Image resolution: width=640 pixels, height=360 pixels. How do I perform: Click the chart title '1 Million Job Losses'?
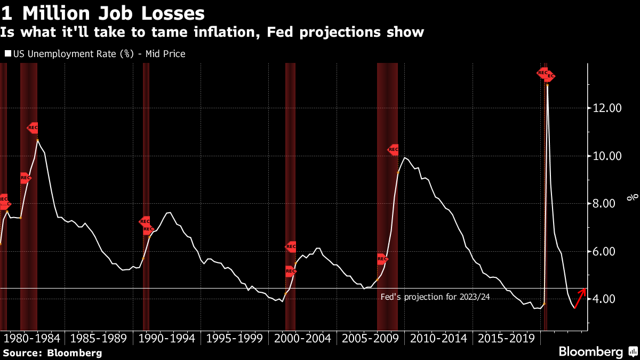point(103,13)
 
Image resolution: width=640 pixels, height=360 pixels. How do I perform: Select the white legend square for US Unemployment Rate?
point(7,54)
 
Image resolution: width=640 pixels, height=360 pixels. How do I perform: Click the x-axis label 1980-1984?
point(32,338)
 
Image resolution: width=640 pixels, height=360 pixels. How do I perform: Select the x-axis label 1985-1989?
point(99,338)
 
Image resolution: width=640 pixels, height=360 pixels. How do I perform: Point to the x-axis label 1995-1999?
point(235,338)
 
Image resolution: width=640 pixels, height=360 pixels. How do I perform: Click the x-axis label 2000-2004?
point(302,338)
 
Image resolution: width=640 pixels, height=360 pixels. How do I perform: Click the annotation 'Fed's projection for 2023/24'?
point(435,297)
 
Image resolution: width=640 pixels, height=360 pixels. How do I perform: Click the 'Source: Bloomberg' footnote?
point(52,353)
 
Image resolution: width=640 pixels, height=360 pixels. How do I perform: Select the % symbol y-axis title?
point(633,197)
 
